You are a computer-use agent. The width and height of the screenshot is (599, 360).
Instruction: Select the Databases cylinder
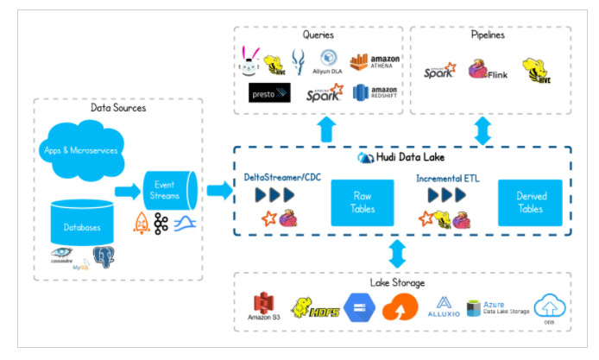click(82, 226)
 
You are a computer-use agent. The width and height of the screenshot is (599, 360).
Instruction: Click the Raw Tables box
click(363, 202)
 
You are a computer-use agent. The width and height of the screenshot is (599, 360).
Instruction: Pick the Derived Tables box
click(529, 202)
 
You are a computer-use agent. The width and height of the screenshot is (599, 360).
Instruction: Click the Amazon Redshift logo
click(374, 92)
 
